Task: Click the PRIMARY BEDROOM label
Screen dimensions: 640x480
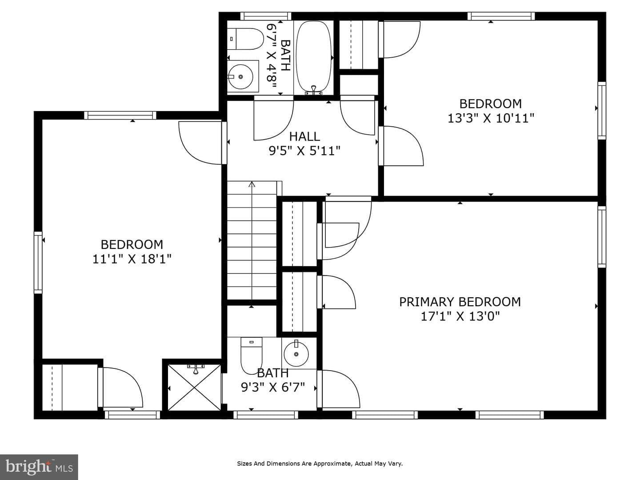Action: tap(460, 302)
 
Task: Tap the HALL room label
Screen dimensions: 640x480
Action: tap(304, 136)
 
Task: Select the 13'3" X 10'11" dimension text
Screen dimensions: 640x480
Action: tap(491, 119)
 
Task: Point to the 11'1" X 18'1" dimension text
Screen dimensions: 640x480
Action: tap(132, 259)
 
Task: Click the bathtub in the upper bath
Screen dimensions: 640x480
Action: tap(314, 57)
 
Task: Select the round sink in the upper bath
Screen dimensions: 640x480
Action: tap(240, 76)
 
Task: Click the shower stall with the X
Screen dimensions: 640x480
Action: tap(195, 387)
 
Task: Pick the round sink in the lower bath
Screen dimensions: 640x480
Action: tap(296, 354)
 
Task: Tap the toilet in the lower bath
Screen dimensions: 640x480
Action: tap(252, 356)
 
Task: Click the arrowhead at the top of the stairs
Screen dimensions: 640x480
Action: tap(252, 184)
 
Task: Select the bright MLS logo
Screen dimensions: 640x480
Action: tap(39, 467)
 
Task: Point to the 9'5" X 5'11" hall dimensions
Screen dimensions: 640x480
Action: tap(304, 151)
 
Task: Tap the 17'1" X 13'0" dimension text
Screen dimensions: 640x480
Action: tap(460, 316)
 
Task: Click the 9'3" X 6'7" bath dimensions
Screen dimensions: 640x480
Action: tap(272, 387)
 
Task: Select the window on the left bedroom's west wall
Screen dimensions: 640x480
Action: tap(38, 262)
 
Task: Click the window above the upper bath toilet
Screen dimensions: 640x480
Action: tap(266, 16)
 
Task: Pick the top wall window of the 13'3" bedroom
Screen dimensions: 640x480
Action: tap(501, 16)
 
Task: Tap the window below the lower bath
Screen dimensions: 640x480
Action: tap(266, 415)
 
